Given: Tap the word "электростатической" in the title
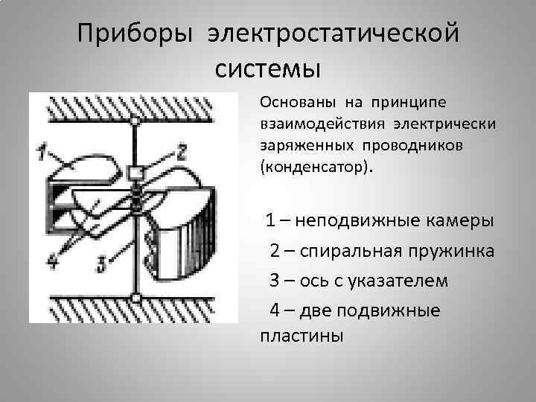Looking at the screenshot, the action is [332, 34].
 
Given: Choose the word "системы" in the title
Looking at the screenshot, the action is [267, 68].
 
